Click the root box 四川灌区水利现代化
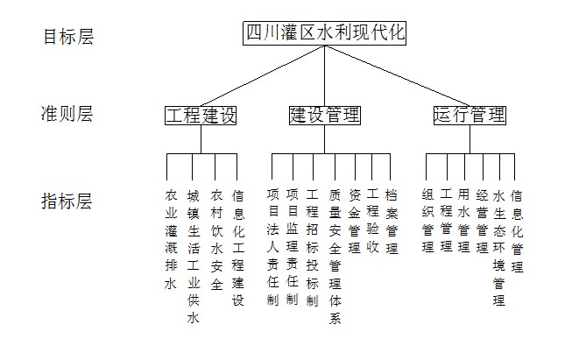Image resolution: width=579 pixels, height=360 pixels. [324, 33]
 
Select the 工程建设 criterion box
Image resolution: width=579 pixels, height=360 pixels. [201, 116]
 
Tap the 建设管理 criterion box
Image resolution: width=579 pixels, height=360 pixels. [325, 116]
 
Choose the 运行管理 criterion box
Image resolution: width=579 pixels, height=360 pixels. [470, 116]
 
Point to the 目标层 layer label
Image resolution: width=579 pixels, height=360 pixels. [68, 37]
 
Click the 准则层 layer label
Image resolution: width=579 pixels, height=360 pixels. [67, 114]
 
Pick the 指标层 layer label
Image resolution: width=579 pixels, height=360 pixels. [67, 201]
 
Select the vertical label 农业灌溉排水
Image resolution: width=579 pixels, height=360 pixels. [171, 240]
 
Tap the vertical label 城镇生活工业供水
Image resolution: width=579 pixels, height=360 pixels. [194, 257]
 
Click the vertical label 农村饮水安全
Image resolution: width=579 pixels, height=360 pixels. [216, 240]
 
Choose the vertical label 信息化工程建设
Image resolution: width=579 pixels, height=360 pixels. [238, 248]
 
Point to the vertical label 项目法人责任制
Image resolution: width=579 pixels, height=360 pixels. [273, 247]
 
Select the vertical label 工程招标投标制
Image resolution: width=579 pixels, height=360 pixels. [312, 247]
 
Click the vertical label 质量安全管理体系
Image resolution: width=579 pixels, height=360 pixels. [335, 257]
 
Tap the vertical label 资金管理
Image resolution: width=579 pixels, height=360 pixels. [355, 222]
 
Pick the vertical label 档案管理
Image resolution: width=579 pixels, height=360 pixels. [392, 222]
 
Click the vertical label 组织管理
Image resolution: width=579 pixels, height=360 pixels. [428, 221]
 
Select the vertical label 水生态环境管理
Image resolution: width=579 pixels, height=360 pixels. [499, 248]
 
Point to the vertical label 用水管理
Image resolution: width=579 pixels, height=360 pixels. [463, 221]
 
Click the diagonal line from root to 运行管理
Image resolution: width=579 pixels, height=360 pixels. [398, 76]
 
